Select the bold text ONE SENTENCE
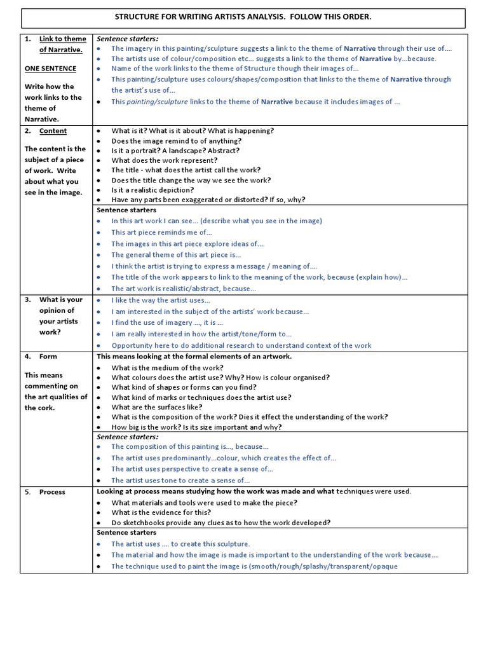point(50,69)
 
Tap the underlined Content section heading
point(53,131)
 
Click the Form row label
point(48,357)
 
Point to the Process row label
point(52,492)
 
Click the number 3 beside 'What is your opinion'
point(28,300)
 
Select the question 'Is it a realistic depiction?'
point(152,189)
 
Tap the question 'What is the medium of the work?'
point(167,367)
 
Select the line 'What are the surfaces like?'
point(157,407)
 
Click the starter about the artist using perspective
point(192,469)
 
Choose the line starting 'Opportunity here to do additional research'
point(241,345)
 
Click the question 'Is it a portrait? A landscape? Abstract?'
point(175,151)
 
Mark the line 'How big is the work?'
point(196,427)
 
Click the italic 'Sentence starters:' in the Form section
point(127,437)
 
